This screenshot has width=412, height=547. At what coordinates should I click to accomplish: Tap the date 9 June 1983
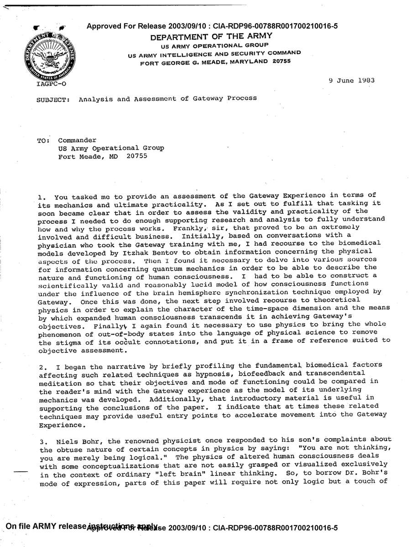[x=351, y=80]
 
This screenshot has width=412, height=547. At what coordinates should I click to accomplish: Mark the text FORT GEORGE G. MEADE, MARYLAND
[x=204, y=62]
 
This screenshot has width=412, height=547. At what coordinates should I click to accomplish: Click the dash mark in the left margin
[x=21, y=472]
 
